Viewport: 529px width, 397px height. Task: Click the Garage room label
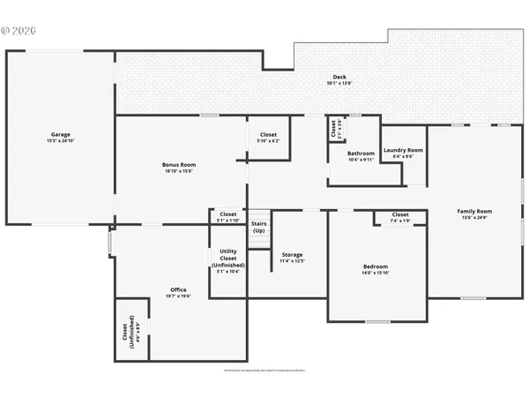[x=60, y=135]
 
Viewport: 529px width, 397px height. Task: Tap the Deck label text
[x=339, y=77]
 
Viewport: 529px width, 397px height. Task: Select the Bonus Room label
[x=179, y=165]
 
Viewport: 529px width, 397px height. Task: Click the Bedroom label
[x=376, y=266]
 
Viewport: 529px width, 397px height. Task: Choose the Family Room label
[x=474, y=212]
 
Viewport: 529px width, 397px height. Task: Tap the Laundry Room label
[x=403, y=150]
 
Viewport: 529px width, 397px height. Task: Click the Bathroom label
[x=361, y=154]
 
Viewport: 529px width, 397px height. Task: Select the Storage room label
[x=292, y=255]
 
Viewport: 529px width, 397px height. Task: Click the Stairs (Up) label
[x=258, y=227]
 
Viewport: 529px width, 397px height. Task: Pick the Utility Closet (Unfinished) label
[x=227, y=258]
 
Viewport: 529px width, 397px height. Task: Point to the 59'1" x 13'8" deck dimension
[x=339, y=84]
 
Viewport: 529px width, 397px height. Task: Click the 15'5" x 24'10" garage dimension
[x=60, y=141]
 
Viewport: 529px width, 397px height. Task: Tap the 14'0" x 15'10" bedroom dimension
[x=376, y=273]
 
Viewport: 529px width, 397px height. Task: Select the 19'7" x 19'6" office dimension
[x=178, y=296]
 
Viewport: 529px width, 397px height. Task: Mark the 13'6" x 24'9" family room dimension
[x=474, y=218]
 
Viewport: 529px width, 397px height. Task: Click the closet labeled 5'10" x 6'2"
[x=268, y=135]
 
